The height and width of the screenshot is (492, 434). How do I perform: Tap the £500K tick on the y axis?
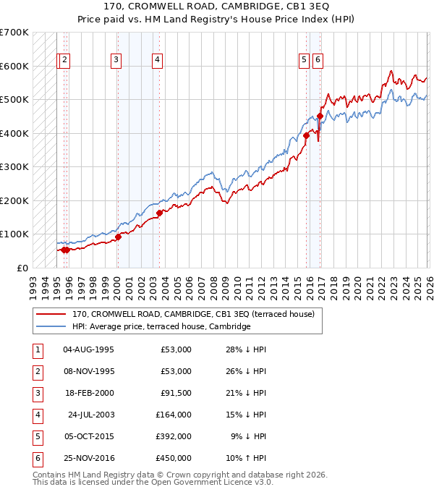click(x=14, y=100)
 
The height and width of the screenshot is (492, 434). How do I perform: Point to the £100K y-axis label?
click(x=14, y=234)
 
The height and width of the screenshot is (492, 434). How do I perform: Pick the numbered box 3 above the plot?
click(x=116, y=61)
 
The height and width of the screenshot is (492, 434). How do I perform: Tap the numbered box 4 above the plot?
click(x=157, y=61)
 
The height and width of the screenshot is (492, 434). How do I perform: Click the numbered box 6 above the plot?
click(x=318, y=61)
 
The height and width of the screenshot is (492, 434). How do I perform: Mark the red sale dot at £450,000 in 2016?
click(x=320, y=116)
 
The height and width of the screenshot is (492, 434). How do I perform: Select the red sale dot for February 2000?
click(x=118, y=237)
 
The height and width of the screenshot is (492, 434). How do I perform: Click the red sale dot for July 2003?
click(x=159, y=213)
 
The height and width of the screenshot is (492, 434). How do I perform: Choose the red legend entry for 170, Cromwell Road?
click(x=192, y=315)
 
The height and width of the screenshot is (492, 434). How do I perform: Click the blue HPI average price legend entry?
click(x=161, y=326)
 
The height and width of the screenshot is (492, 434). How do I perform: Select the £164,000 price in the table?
click(x=174, y=415)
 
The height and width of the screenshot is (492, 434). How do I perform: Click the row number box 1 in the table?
click(x=36, y=350)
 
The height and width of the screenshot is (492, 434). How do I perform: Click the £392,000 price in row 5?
click(x=174, y=437)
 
